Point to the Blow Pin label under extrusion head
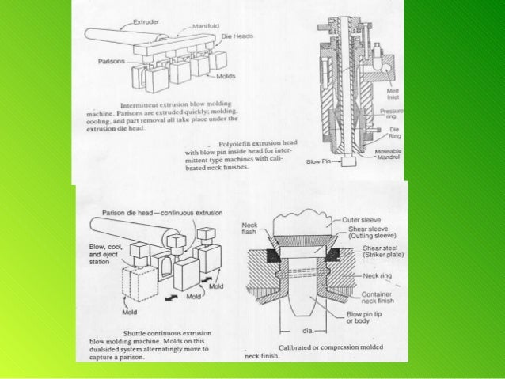(x=317, y=160)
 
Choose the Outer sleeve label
(x=366, y=219)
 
